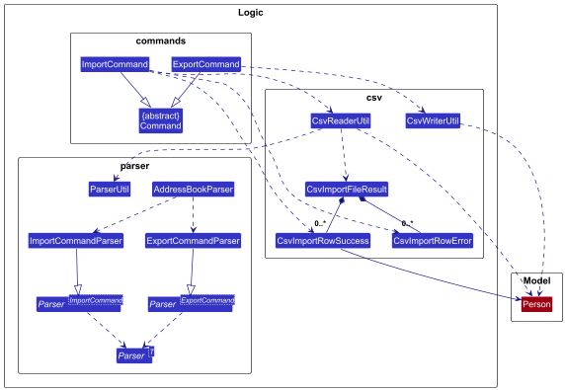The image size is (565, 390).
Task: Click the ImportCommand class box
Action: [x=114, y=65]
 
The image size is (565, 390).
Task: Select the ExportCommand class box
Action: [x=205, y=65]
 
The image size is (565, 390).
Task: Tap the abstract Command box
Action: [x=160, y=120]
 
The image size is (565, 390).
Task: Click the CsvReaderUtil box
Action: [x=340, y=121]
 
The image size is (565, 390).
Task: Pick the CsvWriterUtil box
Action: [x=433, y=121]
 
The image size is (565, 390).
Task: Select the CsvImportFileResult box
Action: [x=346, y=189]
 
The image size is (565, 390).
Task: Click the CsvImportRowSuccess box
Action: [x=322, y=240]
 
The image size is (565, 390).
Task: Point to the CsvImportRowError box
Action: [x=432, y=240]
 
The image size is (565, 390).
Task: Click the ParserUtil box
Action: [x=110, y=189]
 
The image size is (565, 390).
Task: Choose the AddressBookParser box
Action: [x=193, y=189]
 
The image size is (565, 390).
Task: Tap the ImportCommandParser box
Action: [x=76, y=240]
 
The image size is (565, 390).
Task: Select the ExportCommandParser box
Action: [x=193, y=240]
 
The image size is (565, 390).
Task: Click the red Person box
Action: [x=536, y=304]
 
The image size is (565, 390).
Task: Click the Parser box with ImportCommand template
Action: [x=80, y=303]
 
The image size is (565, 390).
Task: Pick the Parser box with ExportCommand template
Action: [x=192, y=303]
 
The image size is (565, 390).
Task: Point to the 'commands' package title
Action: [x=160, y=40]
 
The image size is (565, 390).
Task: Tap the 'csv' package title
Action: [x=373, y=98]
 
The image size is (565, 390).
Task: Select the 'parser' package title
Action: [x=133, y=165]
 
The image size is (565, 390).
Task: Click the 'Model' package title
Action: [x=536, y=281]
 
